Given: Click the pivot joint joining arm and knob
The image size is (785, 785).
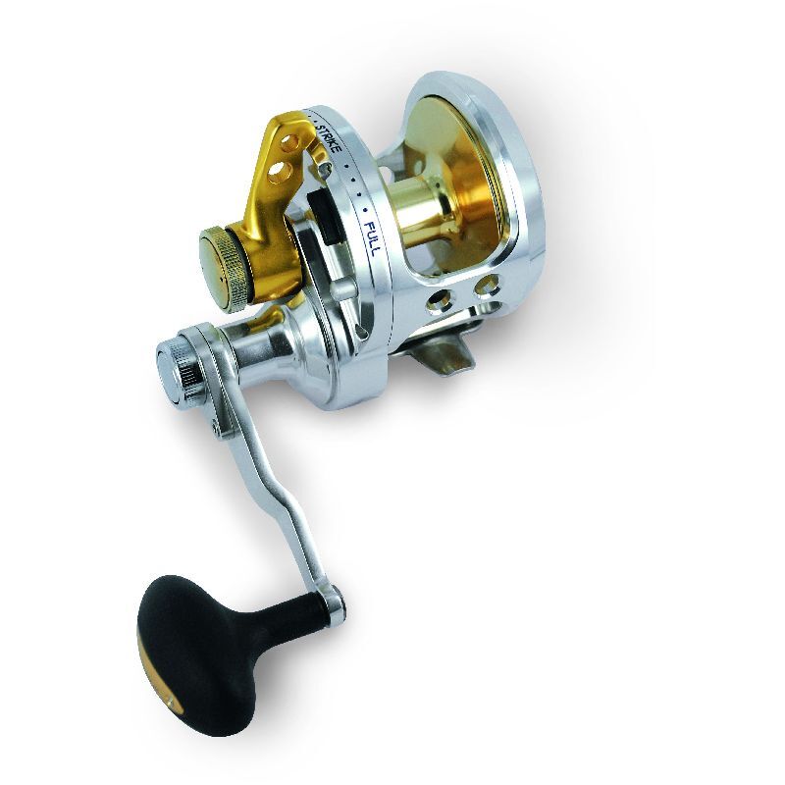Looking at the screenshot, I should click(334, 597).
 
